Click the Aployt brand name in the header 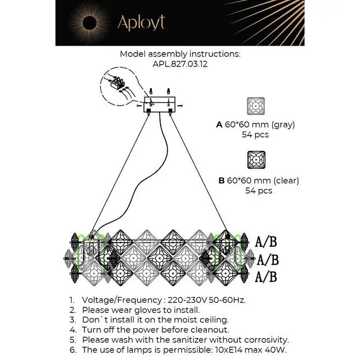(141, 23)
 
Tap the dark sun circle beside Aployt (90, 23)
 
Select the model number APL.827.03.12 (180, 64)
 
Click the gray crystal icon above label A (256, 106)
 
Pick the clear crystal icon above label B (256, 160)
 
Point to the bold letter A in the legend (219, 125)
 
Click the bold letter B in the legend (221, 181)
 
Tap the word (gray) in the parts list (283, 125)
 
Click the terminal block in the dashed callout (117, 83)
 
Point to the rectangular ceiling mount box (159, 105)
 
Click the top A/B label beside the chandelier (266, 242)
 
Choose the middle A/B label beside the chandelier (268, 260)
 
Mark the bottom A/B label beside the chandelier (266, 277)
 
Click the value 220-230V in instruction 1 (187, 300)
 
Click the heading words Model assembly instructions (180, 54)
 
